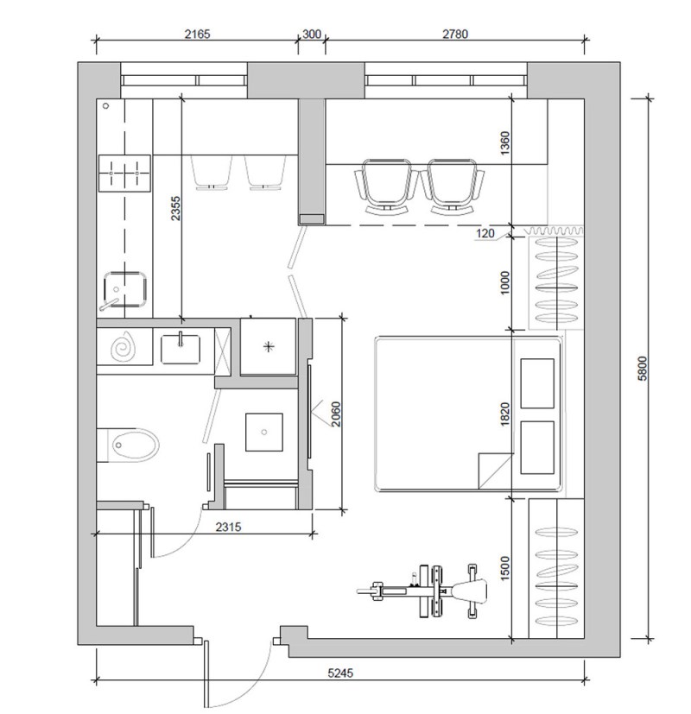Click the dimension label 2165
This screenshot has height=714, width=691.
(x=197, y=35)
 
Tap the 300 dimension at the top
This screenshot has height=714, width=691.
(x=312, y=35)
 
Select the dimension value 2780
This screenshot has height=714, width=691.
(x=455, y=35)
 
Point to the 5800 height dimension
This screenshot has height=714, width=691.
(x=642, y=368)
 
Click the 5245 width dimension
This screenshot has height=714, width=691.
(x=340, y=673)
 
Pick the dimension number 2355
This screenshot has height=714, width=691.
(x=176, y=208)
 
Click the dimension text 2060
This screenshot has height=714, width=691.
(x=336, y=414)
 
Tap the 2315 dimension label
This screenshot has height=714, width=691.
(x=228, y=527)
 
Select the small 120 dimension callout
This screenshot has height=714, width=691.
(x=485, y=233)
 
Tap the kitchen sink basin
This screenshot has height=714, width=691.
(x=124, y=288)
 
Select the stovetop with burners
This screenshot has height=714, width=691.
(x=124, y=173)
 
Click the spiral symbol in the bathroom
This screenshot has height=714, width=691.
(x=123, y=348)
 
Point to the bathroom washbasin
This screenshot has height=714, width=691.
(x=181, y=349)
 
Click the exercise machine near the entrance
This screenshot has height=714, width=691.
(x=422, y=591)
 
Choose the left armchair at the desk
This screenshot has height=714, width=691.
(x=386, y=186)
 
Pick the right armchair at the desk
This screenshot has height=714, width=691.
(x=452, y=186)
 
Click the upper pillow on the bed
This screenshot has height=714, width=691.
(x=537, y=383)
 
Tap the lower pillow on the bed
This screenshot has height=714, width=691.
(x=537, y=447)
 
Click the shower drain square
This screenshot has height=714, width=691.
(x=264, y=433)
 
